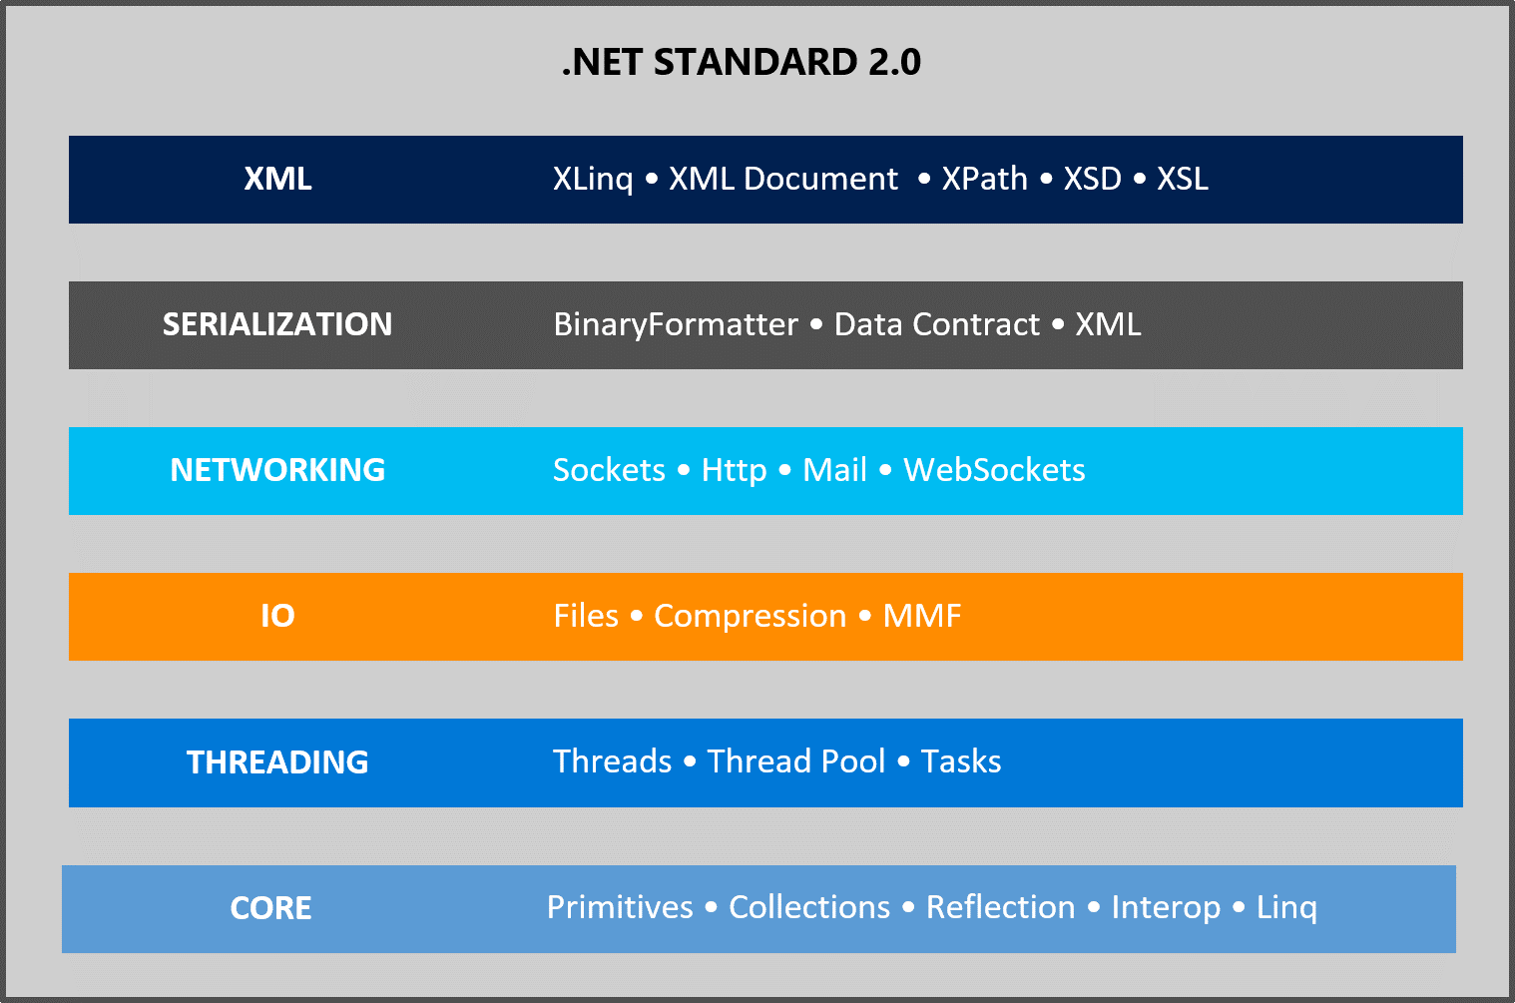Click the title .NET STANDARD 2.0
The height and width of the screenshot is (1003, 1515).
click(742, 62)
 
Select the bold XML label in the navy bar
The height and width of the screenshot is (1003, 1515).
click(278, 180)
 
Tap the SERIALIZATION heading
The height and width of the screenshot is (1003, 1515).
click(277, 324)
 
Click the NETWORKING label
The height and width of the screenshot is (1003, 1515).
click(277, 470)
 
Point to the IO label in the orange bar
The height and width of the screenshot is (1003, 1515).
click(278, 616)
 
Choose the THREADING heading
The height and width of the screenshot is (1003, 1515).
click(277, 762)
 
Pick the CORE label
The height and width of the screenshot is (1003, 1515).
click(270, 908)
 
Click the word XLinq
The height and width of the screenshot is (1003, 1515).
click(593, 180)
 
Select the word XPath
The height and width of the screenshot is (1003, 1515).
click(985, 180)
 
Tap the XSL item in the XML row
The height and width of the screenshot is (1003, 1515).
click(1183, 180)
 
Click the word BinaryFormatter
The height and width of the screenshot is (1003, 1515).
click(676, 325)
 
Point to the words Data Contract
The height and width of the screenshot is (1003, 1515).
click(937, 324)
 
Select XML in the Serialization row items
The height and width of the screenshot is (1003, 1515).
click(1109, 324)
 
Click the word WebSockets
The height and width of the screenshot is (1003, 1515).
click(994, 470)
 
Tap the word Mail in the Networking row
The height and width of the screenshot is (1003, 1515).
click(834, 470)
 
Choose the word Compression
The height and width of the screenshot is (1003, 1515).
click(751, 617)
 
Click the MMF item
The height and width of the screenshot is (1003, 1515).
click(922, 616)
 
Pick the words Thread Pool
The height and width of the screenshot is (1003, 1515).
click(796, 761)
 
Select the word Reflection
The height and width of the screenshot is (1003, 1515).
click(1000, 907)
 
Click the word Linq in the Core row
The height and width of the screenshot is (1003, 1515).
click(1286, 909)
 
